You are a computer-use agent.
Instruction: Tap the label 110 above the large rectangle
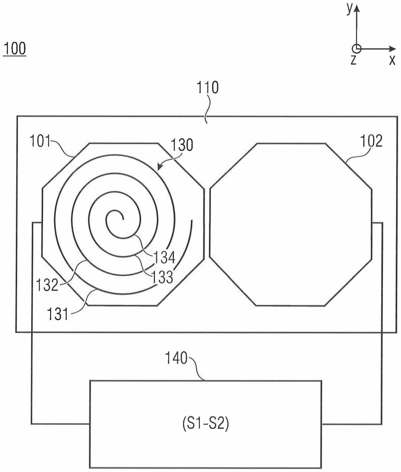[x=208, y=88]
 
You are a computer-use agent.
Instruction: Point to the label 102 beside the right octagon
[x=371, y=141]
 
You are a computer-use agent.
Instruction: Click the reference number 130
[x=182, y=145]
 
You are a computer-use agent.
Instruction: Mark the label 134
[x=164, y=257]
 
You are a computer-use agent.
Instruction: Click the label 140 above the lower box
[x=176, y=358]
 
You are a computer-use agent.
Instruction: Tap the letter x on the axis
[x=392, y=60]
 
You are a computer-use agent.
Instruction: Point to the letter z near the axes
[x=353, y=60]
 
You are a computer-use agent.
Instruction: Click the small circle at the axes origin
[x=356, y=49]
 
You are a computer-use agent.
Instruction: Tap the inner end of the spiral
[x=123, y=219]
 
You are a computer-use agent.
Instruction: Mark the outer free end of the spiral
[x=192, y=220]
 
